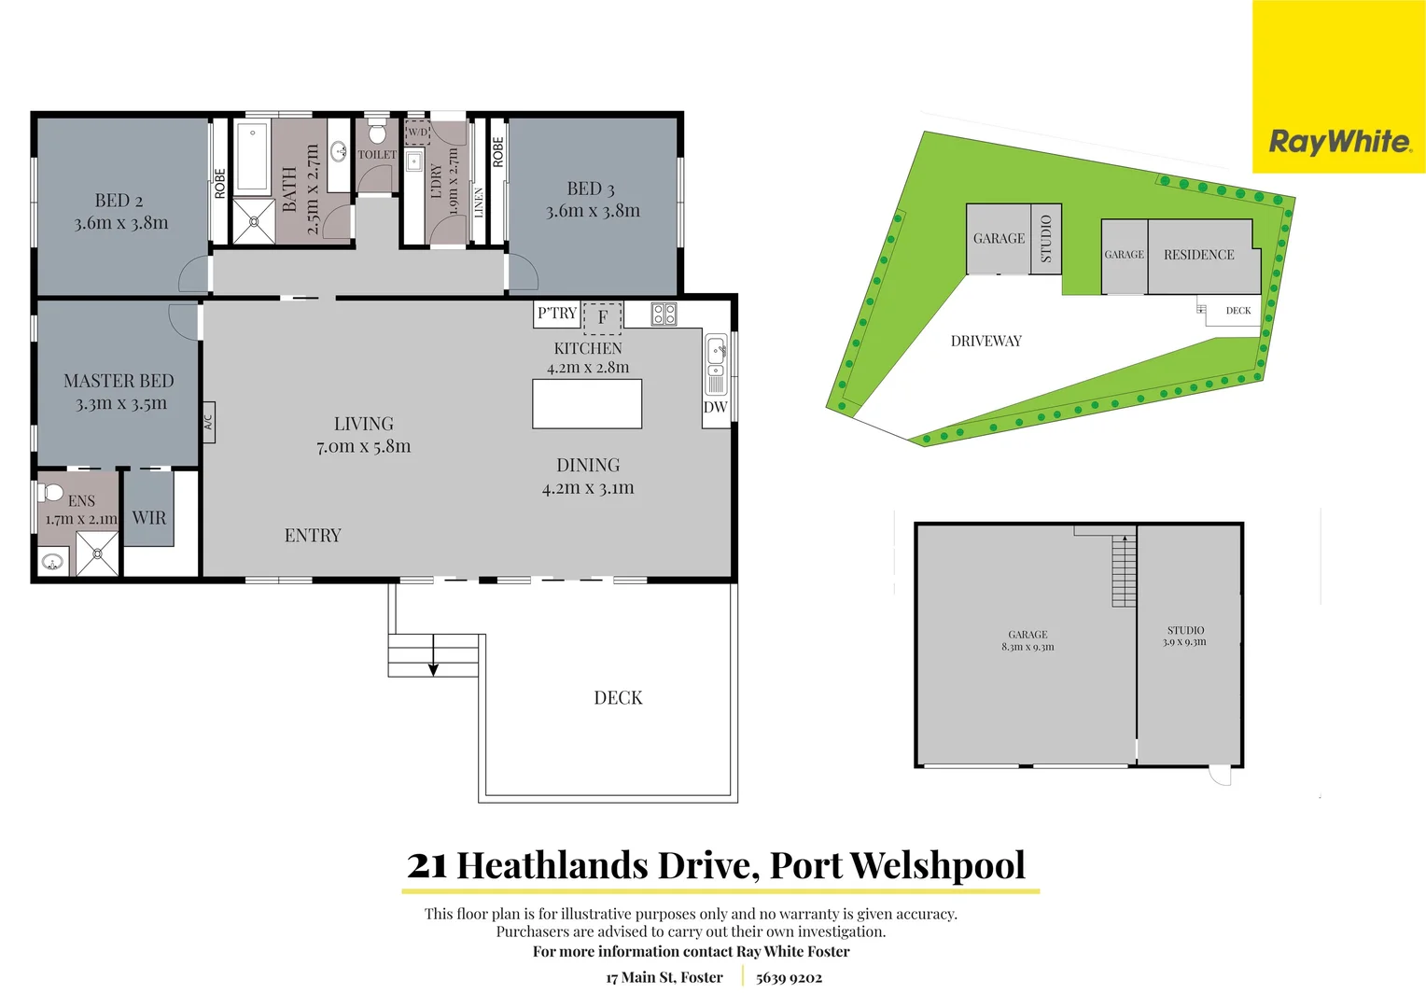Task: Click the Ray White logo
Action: tap(1339, 142)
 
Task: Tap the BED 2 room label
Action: tap(119, 201)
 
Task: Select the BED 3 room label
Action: tap(591, 189)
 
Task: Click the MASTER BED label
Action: tap(119, 381)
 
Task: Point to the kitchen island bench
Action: tap(587, 404)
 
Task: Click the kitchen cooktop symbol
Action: tap(664, 315)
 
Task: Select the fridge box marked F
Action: tap(602, 317)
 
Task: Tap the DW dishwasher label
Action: tap(715, 407)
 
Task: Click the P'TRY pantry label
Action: tap(557, 314)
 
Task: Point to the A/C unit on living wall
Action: tap(208, 422)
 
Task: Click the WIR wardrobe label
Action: tap(148, 518)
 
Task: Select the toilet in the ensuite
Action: tap(52, 492)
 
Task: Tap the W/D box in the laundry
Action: tap(417, 133)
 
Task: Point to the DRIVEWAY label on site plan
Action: tap(986, 342)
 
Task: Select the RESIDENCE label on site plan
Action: tap(1198, 255)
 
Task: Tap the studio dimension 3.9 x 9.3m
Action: tap(1184, 642)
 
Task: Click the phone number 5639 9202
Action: tap(789, 978)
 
